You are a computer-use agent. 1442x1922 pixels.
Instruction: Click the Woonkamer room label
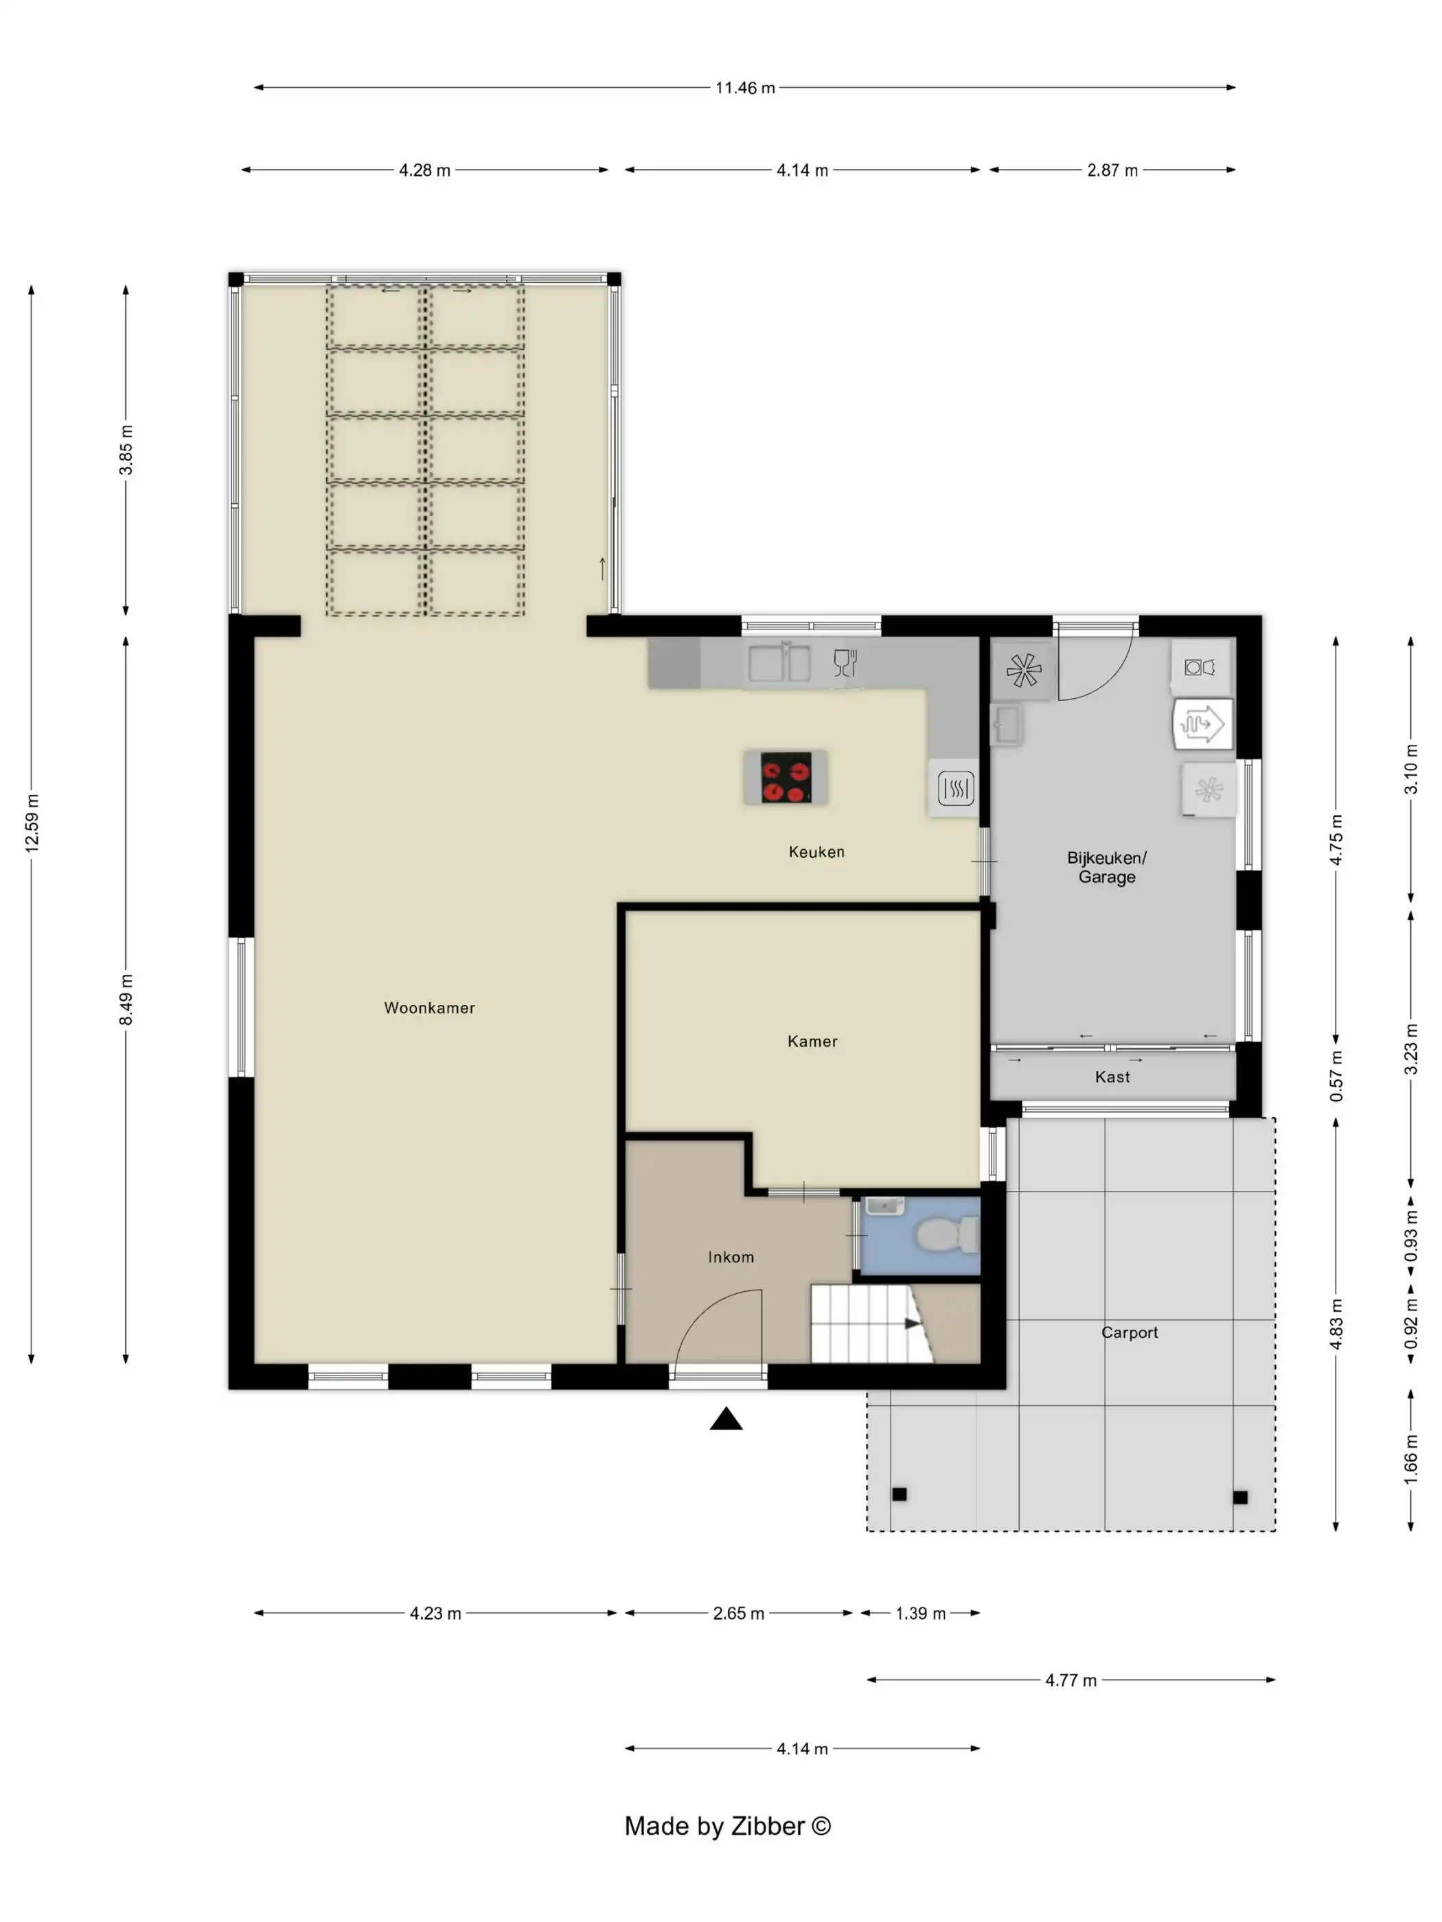[429, 1008]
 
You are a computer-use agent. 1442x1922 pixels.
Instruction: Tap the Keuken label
[816, 852]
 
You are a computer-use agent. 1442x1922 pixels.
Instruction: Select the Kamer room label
[812, 1041]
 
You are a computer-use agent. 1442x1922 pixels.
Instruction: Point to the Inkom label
[731, 1258]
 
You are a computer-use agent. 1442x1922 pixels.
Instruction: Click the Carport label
[1129, 1332]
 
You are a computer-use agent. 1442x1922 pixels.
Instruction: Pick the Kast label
[1112, 1076]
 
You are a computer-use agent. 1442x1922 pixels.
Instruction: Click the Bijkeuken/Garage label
[1106, 867]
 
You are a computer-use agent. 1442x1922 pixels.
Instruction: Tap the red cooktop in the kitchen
[786, 777]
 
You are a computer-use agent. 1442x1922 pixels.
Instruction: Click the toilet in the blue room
[948, 1235]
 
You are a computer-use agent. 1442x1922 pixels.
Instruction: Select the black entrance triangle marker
[726, 1419]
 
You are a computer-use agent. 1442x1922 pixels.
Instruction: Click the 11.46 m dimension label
[745, 88]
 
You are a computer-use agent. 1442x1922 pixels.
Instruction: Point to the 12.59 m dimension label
[32, 822]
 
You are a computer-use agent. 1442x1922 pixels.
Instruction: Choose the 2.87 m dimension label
[1112, 170]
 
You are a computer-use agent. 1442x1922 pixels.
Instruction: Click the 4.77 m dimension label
[1071, 1680]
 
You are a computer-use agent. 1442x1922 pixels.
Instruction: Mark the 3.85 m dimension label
[126, 450]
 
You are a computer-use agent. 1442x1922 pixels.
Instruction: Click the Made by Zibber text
[727, 1825]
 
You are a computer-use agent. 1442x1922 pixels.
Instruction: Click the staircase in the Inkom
[872, 1324]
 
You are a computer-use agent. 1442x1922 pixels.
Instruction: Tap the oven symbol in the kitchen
[955, 788]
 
